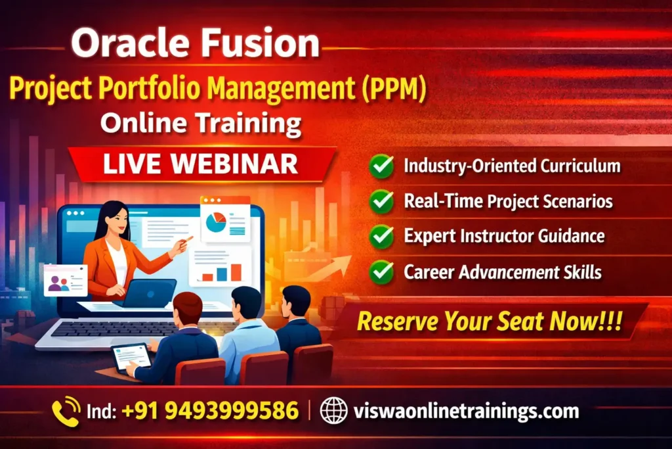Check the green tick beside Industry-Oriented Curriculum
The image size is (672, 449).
(381, 166)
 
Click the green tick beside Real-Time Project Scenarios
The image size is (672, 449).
(381, 201)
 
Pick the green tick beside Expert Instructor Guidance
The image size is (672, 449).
(381, 236)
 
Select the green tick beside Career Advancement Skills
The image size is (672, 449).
(381, 271)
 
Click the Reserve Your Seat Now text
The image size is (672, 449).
(489, 321)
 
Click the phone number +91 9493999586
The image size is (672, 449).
(209, 412)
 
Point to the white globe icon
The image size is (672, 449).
(333, 412)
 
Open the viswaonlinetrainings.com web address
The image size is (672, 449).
(466, 412)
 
